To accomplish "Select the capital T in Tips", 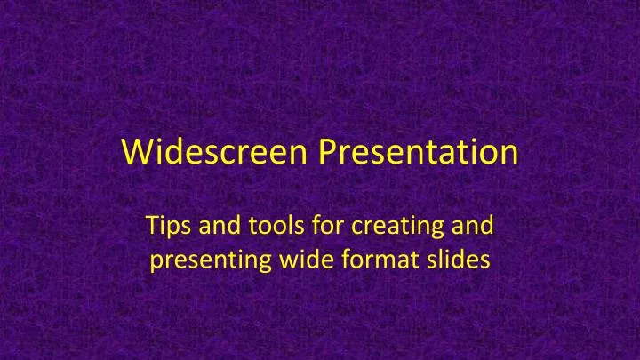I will click(x=149, y=228).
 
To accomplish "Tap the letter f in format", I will click(x=335, y=262).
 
